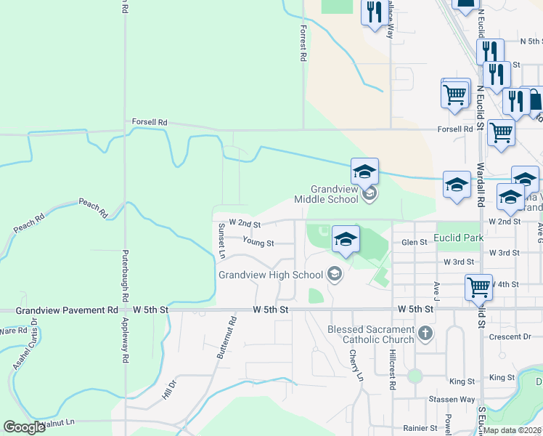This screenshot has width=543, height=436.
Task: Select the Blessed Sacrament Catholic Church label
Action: pos(370,334)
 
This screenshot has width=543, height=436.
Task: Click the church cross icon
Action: pos(425,334)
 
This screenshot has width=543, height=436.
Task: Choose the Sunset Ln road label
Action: pos(221,241)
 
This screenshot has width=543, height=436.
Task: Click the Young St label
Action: pos(258,242)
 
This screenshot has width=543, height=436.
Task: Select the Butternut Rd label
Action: pos(226,338)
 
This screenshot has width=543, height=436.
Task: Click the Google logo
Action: pos(25,427)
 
